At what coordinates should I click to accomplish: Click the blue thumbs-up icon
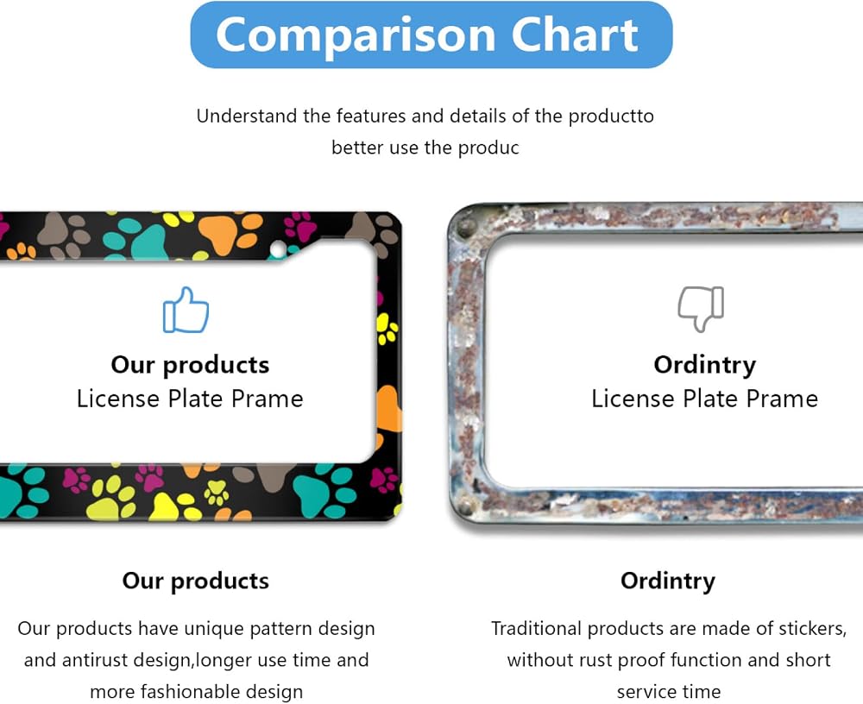pyautogui.click(x=186, y=310)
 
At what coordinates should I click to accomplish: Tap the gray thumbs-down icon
pyautogui.click(x=701, y=309)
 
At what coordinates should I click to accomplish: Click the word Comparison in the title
pyautogui.click(x=356, y=35)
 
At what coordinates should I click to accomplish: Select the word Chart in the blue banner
pyautogui.click(x=575, y=35)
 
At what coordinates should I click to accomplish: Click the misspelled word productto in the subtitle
pyautogui.click(x=611, y=116)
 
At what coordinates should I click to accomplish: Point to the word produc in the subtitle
pyautogui.click(x=488, y=148)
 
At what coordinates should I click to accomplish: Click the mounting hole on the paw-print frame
pyautogui.click(x=278, y=249)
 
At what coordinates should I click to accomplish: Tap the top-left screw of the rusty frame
pyautogui.click(x=467, y=227)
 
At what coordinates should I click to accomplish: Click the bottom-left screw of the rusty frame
pyautogui.click(x=466, y=504)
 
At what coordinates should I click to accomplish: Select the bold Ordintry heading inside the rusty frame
pyautogui.click(x=704, y=366)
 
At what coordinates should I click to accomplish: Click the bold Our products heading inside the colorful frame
pyautogui.click(x=190, y=365)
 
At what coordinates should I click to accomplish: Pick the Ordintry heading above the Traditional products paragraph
pyautogui.click(x=668, y=581)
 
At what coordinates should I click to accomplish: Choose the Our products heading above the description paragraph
pyautogui.click(x=195, y=581)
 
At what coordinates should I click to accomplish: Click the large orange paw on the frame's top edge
pyautogui.click(x=230, y=232)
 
